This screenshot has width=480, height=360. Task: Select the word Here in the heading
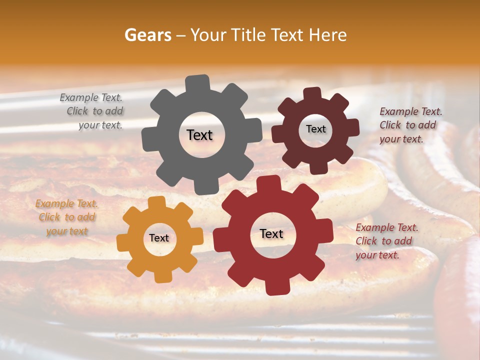click(x=328, y=35)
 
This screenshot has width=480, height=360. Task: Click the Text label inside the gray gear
click(x=199, y=135)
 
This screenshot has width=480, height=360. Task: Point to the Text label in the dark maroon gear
click(x=315, y=129)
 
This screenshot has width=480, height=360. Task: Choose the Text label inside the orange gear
click(x=159, y=238)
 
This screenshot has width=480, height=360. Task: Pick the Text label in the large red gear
click(x=271, y=234)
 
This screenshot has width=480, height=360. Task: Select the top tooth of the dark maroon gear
click(x=312, y=94)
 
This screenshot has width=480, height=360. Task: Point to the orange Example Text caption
click(x=66, y=217)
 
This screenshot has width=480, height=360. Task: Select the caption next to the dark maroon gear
click(x=410, y=125)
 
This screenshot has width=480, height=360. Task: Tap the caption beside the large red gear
click(x=386, y=241)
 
